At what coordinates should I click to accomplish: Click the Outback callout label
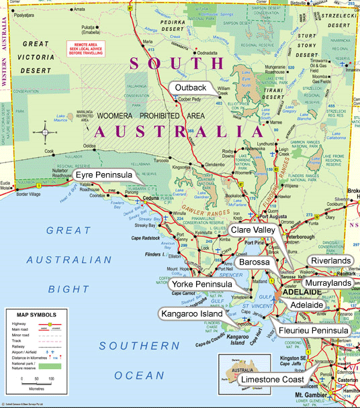click(x=190, y=88)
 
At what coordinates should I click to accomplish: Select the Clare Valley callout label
click(x=254, y=230)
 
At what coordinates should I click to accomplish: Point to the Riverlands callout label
click(x=330, y=260)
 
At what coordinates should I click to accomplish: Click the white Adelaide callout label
click(x=306, y=305)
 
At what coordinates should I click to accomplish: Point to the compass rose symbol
click(x=46, y=132)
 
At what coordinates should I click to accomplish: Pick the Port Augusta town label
click(x=274, y=217)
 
